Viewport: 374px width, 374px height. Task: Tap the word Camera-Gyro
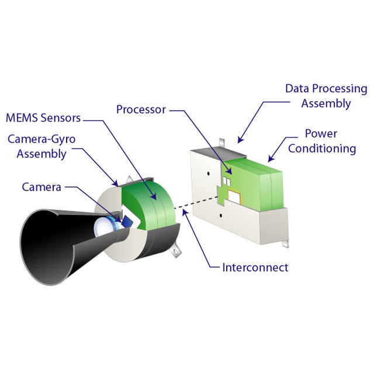click(41, 140)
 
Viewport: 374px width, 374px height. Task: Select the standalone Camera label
click(41, 187)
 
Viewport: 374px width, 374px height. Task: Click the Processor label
click(141, 109)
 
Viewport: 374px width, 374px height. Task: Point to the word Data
click(297, 89)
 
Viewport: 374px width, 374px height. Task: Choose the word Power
click(321, 134)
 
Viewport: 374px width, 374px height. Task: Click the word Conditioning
click(322, 148)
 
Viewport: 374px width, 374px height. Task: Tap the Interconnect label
click(255, 268)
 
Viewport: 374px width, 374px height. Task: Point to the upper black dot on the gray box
click(208, 174)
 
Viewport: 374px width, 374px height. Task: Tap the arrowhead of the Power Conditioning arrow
click(269, 159)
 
